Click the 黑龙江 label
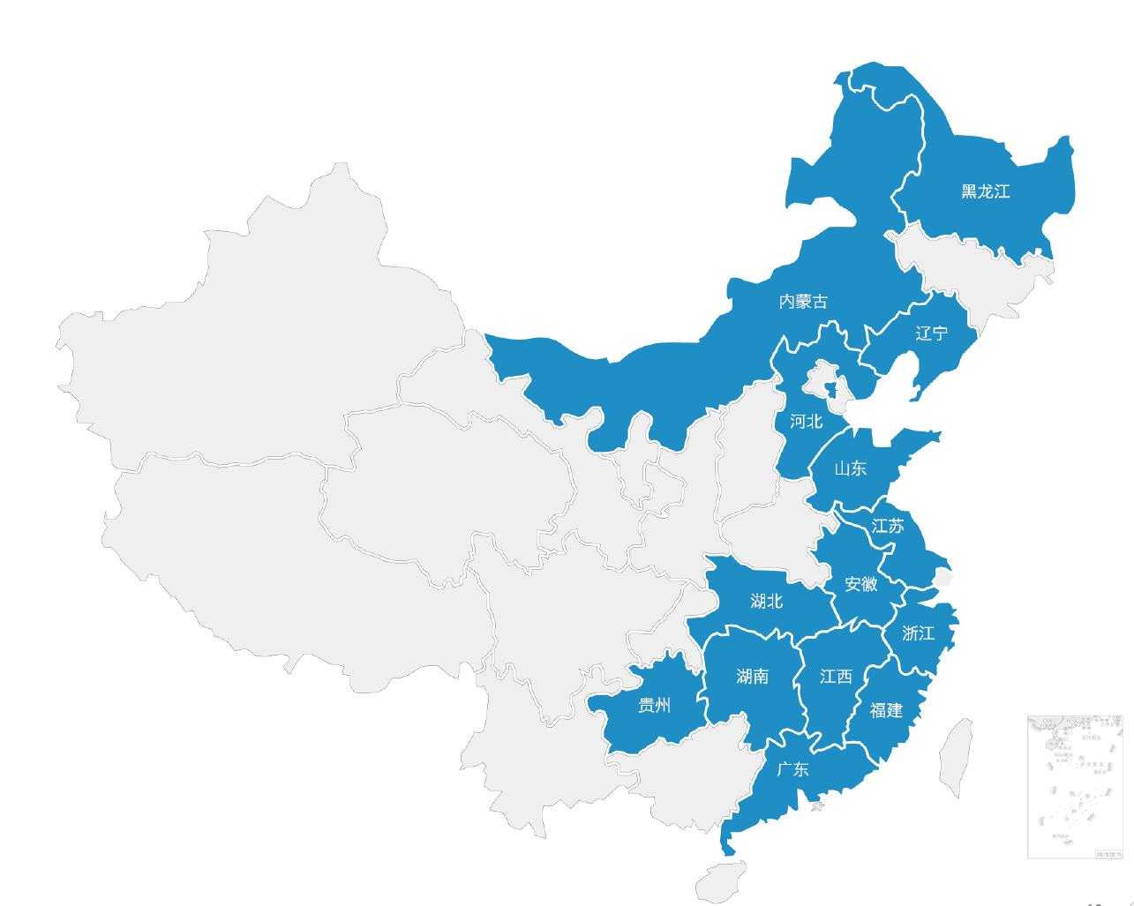tap(985, 191)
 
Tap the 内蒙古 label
tap(803, 302)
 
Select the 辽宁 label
tap(931, 333)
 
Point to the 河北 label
tap(806, 421)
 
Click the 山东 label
tap(850, 468)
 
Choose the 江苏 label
tap(888, 527)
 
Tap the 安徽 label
tap(860, 584)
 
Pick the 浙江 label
tap(918, 633)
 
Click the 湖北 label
tap(766, 602)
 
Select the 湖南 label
tap(752, 677)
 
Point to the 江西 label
tap(836, 677)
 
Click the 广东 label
tap(792, 769)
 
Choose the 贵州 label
tap(654, 706)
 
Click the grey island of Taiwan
tap(955, 757)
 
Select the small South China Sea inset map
tap(1074, 786)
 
